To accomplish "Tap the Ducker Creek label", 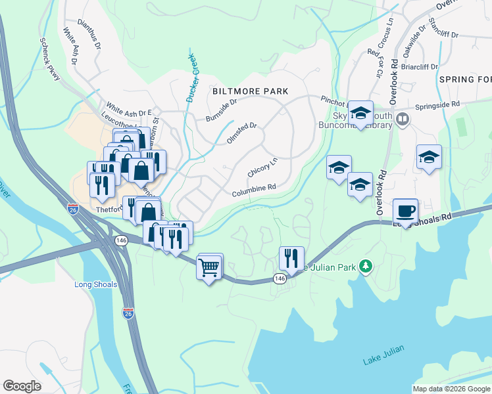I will [191, 77].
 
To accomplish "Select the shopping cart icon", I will [209, 267].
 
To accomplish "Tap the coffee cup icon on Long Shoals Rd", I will [405, 211].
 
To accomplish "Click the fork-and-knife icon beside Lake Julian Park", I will [290, 257].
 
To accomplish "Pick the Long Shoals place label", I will [96, 284].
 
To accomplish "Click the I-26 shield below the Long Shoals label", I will [128, 313].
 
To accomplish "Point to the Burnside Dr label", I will [220, 108].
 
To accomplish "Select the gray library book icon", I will [403, 120].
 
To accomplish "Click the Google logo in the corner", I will [22, 385].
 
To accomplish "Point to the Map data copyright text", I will [451, 389].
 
